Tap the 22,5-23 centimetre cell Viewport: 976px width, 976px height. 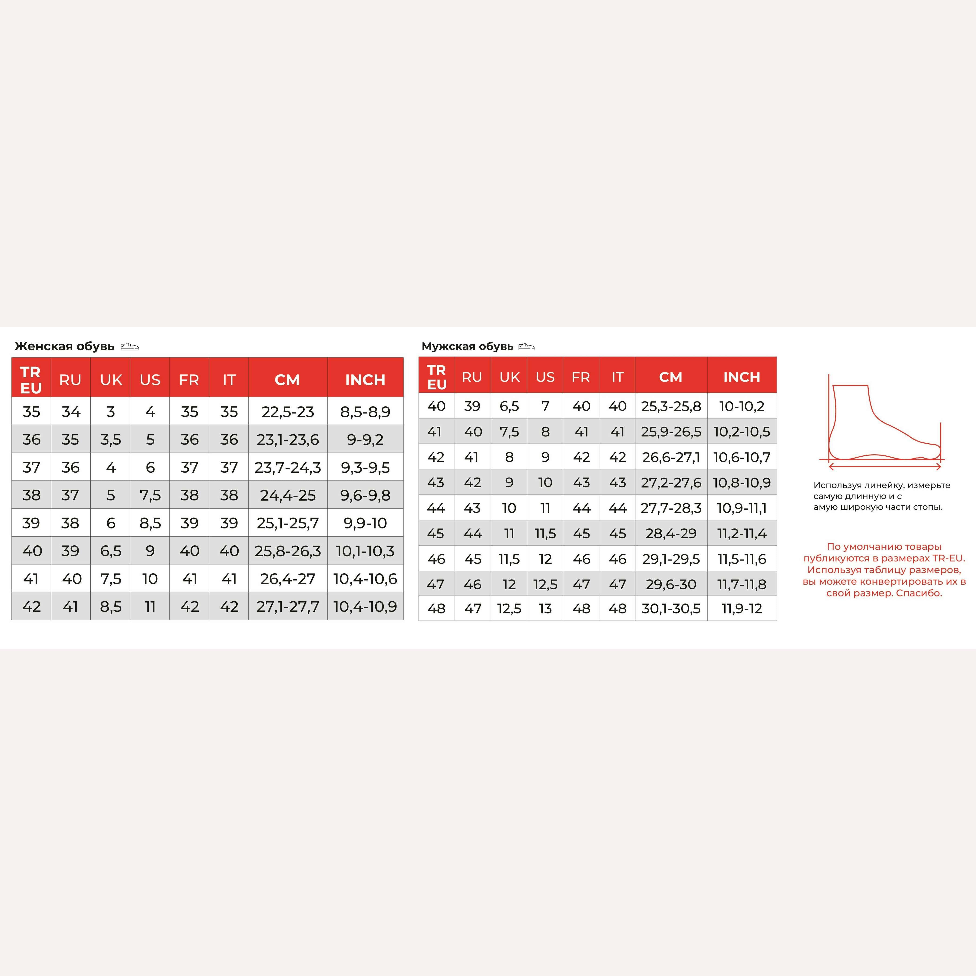pyautogui.click(x=287, y=412)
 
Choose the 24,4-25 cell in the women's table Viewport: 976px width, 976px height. pyautogui.click(x=287, y=495)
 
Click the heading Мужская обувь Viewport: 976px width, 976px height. pyautogui.click(x=467, y=346)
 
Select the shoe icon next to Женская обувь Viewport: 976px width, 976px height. pyautogui.click(x=130, y=346)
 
